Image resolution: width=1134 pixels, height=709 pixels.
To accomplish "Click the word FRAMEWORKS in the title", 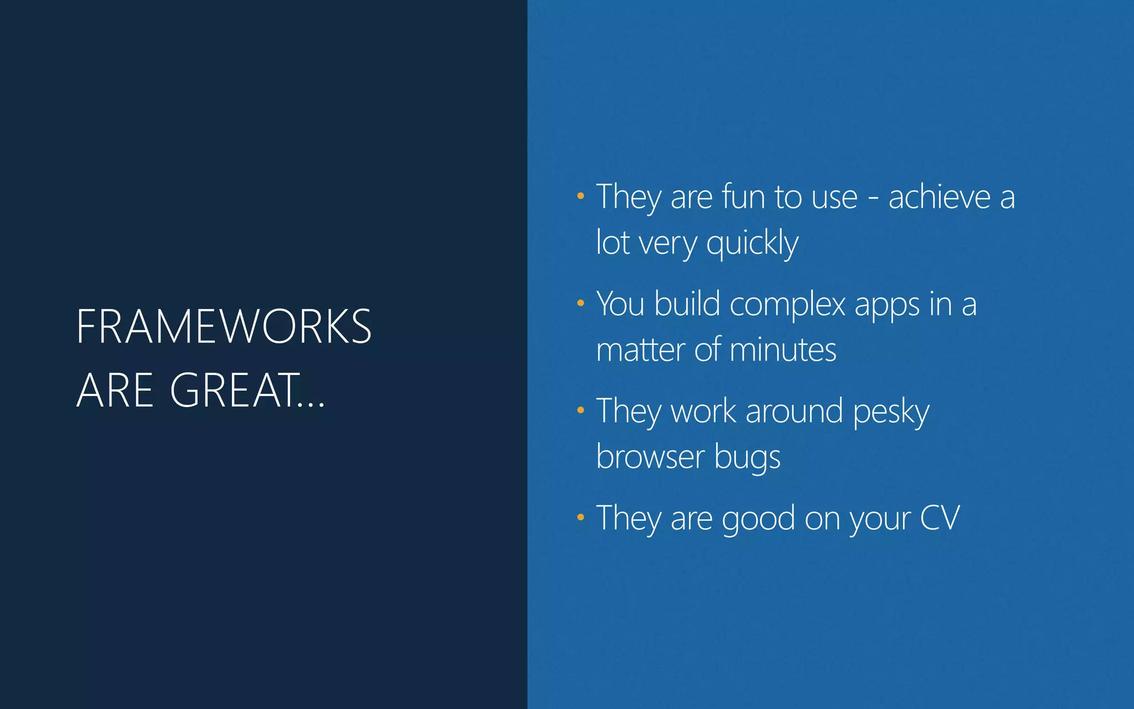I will (x=224, y=326).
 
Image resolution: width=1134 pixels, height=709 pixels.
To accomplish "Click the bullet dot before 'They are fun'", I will (x=580, y=196).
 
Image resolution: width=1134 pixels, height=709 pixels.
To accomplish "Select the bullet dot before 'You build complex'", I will (x=580, y=303).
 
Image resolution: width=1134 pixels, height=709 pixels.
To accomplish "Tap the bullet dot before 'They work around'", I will (x=580, y=410).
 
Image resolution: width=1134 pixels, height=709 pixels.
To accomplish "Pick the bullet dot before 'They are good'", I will (x=580, y=517).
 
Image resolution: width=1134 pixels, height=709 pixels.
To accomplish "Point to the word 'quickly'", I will (x=752, y=243).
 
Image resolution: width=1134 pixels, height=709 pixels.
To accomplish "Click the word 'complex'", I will (x=787, y=304).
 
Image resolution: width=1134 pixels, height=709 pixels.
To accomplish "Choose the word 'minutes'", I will (x=783, y=350).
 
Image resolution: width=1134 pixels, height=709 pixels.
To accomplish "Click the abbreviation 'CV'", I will (x=940, y=518).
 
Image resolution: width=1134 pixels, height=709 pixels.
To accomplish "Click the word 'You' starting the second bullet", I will (x=620, y=304).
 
